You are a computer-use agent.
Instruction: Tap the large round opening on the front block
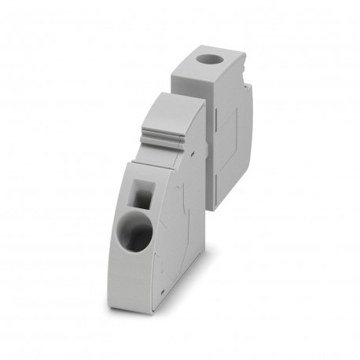[x=137, y=234]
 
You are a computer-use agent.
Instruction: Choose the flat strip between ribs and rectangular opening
[x=156, y=161]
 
